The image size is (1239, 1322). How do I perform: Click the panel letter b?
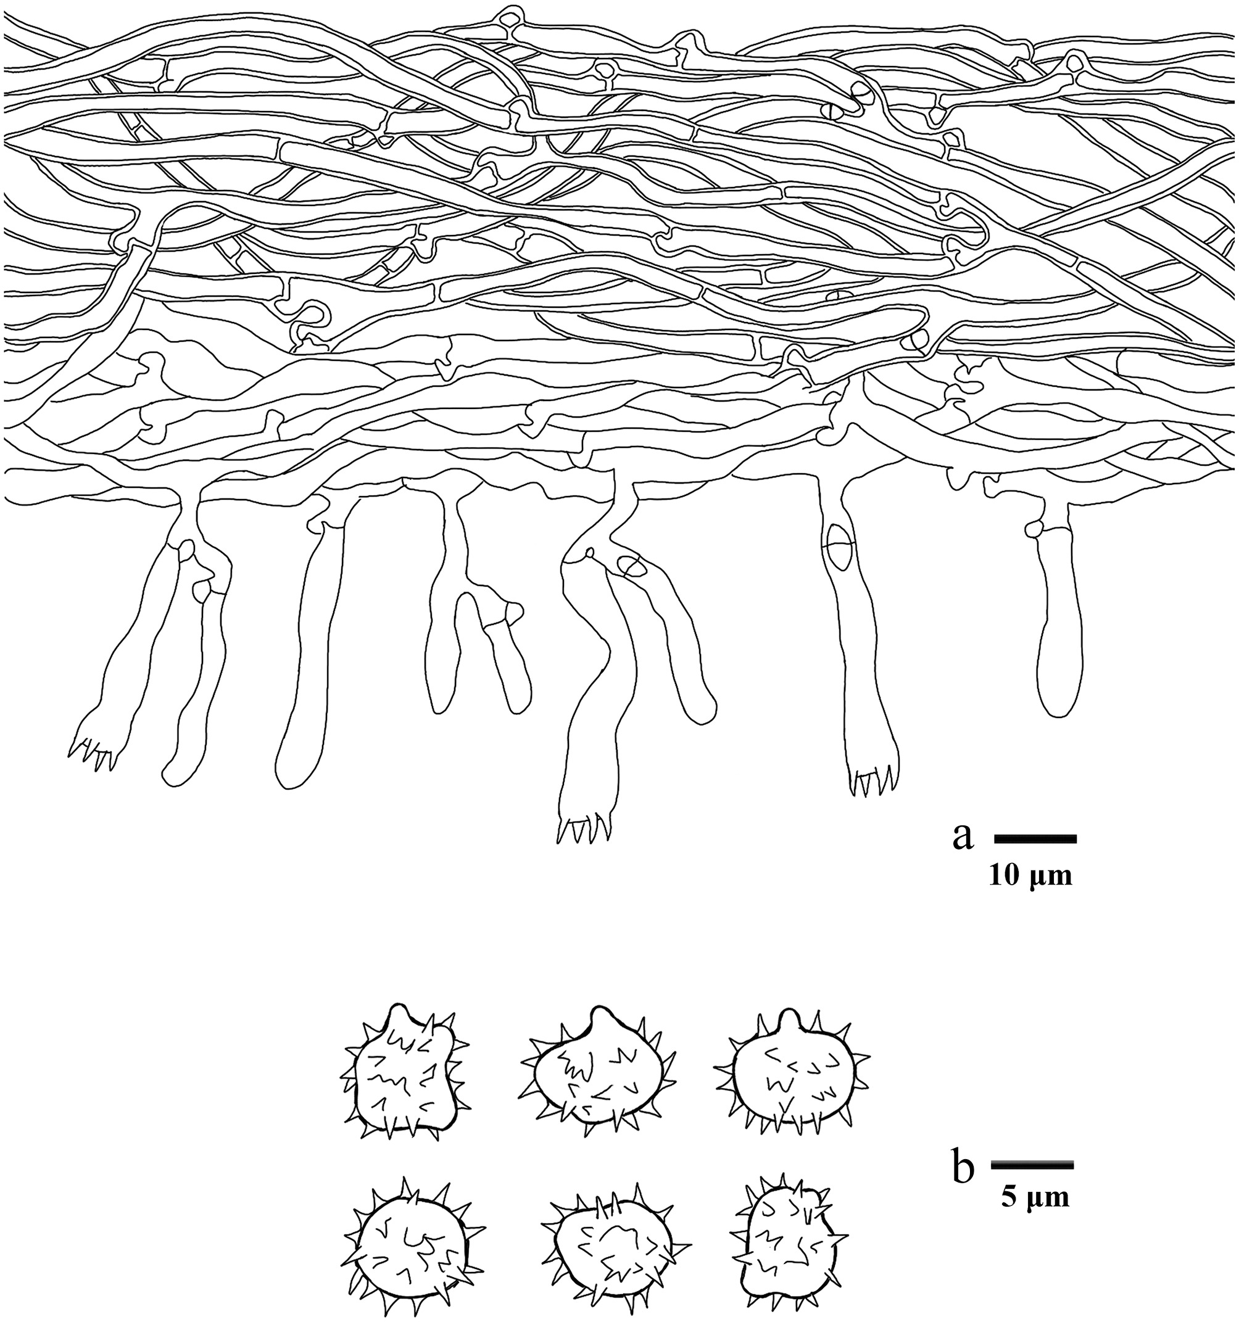(963, 1168)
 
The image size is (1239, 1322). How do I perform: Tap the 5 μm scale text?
(1035, 1196)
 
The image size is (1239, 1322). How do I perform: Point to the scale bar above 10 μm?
(1035, 839)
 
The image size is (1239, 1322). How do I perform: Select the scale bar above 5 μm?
(1032, 1165)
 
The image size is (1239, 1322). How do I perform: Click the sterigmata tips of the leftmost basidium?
(93, 756)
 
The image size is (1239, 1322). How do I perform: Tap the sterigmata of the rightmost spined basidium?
(871, 783)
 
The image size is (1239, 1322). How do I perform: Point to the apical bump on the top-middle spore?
(600, 1016)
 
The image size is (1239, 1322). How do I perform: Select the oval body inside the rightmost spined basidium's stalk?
(839, 547)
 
